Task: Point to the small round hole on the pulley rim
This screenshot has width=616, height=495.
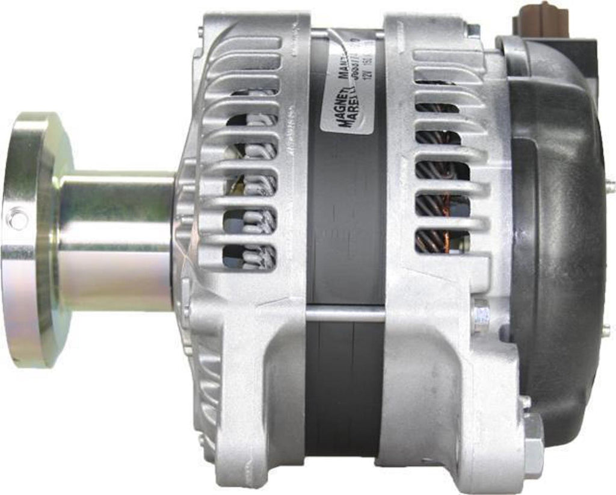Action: point(16,217)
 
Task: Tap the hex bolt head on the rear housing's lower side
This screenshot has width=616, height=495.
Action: point(481,314)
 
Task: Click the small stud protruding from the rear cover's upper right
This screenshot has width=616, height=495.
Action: point(610,187)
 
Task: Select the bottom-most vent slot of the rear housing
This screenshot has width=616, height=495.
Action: point(442,241)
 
